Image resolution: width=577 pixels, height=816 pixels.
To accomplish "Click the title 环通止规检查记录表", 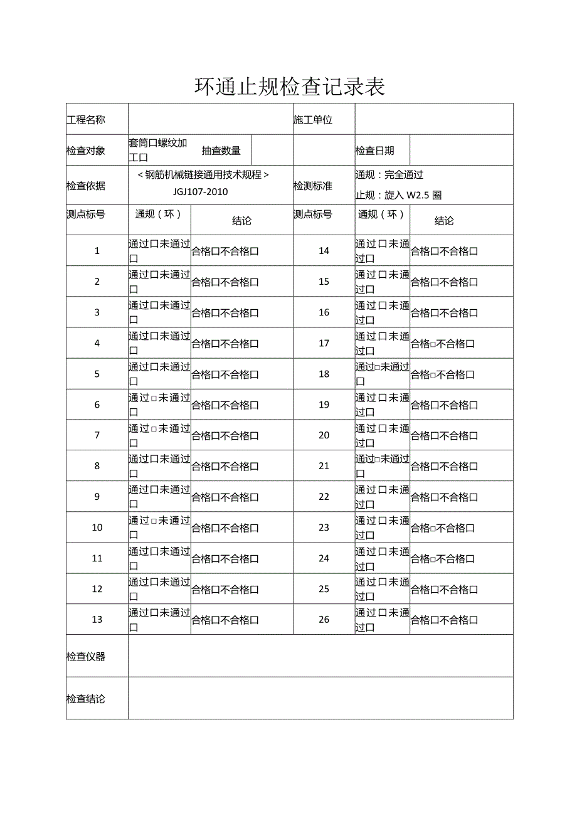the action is [289, 87].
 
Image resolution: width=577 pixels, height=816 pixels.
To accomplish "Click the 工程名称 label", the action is [86, 120].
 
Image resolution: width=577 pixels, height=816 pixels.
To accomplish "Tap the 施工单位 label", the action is [313, 120].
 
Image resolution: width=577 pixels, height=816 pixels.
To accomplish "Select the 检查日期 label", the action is [374, 151].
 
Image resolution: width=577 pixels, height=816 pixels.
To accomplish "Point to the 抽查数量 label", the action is [221, 151].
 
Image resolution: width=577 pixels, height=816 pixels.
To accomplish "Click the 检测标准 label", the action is [313, 186].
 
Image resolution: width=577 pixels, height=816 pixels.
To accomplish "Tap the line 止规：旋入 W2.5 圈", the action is [398, 195].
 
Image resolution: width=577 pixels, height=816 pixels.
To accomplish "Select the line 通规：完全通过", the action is [389, 175].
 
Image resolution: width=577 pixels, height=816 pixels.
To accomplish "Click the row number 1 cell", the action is [97, 251].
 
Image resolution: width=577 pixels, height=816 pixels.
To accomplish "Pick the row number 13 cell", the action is [97, 620].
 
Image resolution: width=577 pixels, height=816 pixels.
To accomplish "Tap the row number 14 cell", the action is [324, 251].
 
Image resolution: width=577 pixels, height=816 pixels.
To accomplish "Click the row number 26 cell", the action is [324, 620].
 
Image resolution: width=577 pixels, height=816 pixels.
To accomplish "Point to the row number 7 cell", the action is [97, 435].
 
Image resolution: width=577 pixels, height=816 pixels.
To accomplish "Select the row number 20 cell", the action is [324, 435].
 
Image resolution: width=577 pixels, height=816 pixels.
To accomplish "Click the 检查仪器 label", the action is [86, 657].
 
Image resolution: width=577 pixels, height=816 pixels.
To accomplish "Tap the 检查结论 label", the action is [86, 699].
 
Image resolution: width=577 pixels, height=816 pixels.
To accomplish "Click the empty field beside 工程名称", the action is [210, 120].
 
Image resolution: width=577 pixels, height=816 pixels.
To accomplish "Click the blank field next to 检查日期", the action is [461, 151].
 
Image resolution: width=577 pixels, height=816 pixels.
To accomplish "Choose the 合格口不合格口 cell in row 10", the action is [225, 528].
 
